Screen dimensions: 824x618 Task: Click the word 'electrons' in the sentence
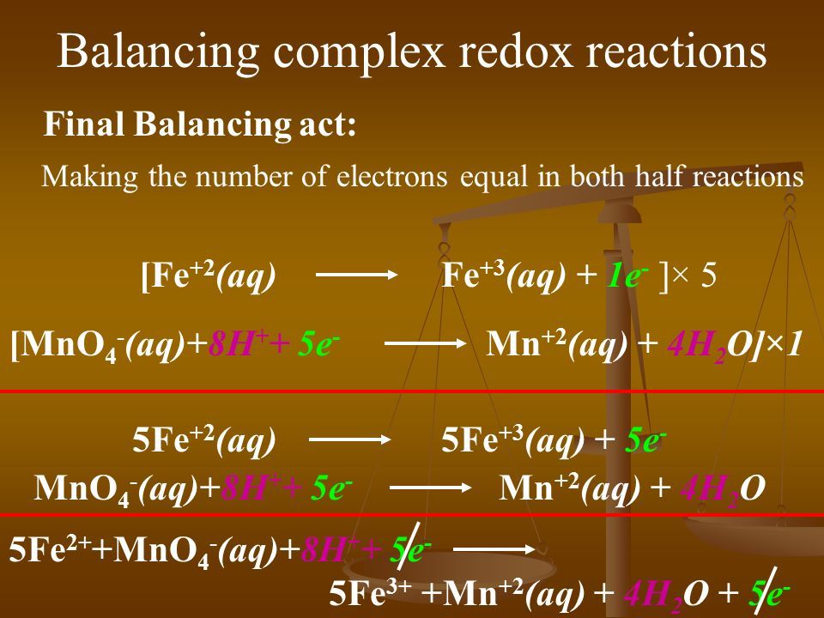coord(391,176)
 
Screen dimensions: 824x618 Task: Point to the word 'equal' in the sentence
coord(494,177)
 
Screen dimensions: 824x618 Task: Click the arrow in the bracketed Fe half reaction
coord(356,275)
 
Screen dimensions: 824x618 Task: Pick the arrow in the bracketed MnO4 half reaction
coord(425,343)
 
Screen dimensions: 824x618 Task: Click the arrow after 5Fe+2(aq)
coord(350,439)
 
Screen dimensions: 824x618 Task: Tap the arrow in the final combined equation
coord(494,549)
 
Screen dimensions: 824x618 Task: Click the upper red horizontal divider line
coord(412,391)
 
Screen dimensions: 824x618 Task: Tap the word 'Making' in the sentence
coord(89,178)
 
